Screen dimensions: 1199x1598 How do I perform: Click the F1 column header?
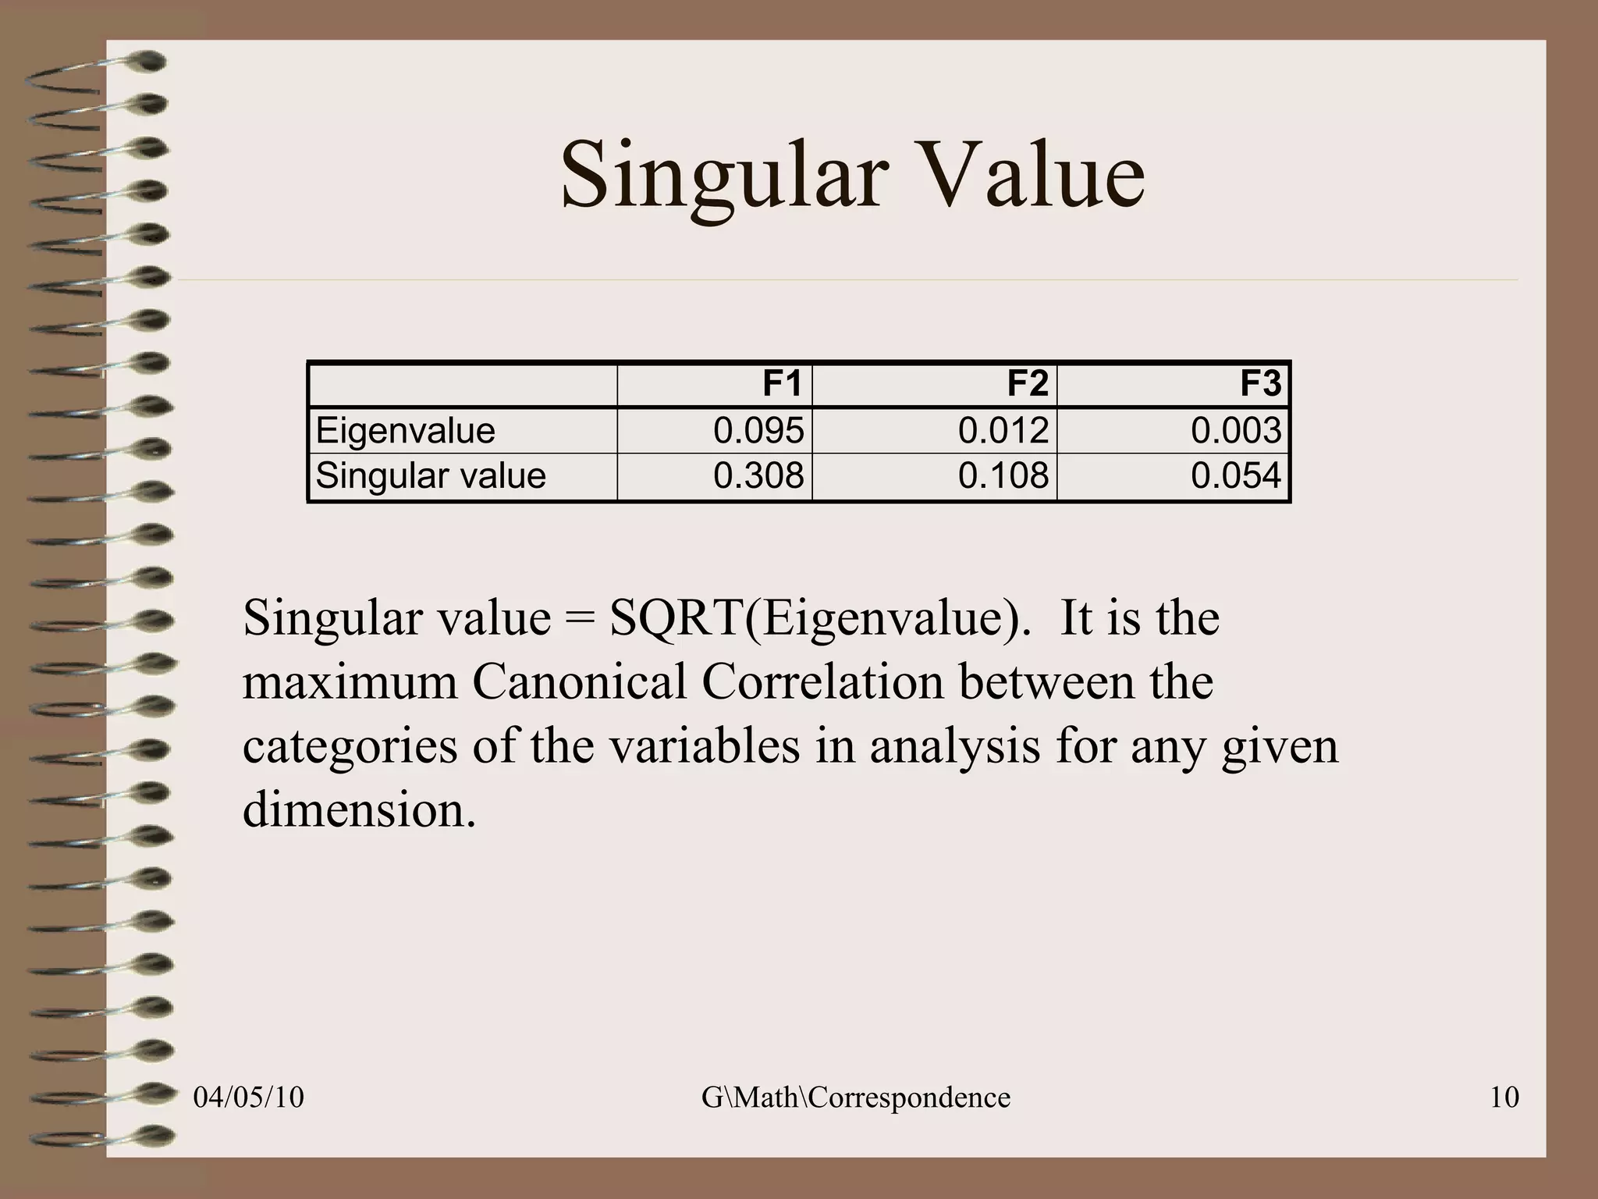click(x=782, y=384)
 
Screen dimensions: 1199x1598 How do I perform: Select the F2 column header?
click(x=1027, y=384)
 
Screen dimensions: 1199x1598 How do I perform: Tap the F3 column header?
click(x=1261, y=384)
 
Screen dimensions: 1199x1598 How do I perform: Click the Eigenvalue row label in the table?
click(x=405, y=431)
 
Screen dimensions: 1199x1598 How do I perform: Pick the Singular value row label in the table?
click(x=431, y=476)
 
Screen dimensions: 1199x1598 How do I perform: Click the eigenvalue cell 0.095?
click(x=758, y=431)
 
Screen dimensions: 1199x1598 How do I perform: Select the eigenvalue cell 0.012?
click(x=1003, y=431)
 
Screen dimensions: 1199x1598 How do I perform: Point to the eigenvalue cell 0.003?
click(x=1236, y=431)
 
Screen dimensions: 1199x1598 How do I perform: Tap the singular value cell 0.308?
click(x=758, y=476)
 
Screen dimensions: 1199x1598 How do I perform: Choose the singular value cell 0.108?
click(x=1003, y=476)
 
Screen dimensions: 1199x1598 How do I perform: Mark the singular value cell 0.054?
click(x=1236, y=476)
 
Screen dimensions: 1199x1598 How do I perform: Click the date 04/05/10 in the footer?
click(x=248, y=1098)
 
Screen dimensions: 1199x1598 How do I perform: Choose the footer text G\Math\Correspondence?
click(x=856, y=1098)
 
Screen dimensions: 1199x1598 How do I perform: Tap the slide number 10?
click(x=1504, y=1098)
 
